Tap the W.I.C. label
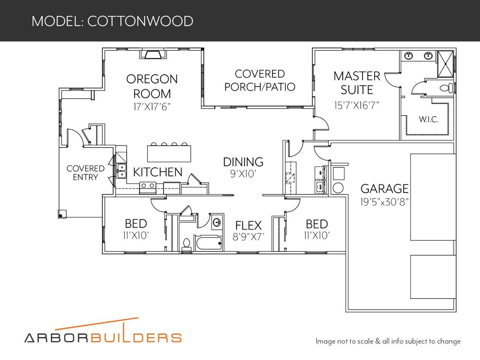click(x=428, y=119)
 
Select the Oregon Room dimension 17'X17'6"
click(x=152, y=107)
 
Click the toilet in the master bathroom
click(x=446, y=88)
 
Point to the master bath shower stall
click(x=445, y=64)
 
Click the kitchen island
click(x=169, y=153)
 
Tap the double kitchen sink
click(x=121, y=171)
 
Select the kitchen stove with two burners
click(x=148, y=188)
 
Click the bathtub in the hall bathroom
click(x=209, y=243)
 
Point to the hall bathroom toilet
click(x=186, y=245)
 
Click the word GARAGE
click(x=384, y=189)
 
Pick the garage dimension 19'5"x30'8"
click(x=384, y=202)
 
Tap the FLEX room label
click(x=248, y=225)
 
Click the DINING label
click(x=243, y=162)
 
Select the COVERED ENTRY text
click(x=85, y=173)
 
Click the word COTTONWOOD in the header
click(x=140, y=21)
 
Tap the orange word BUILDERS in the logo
click(x=136, y=337)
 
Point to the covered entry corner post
click(x=62, y=214)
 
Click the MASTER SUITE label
click(x=357, y=83)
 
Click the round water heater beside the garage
click(x=338, y=188)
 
